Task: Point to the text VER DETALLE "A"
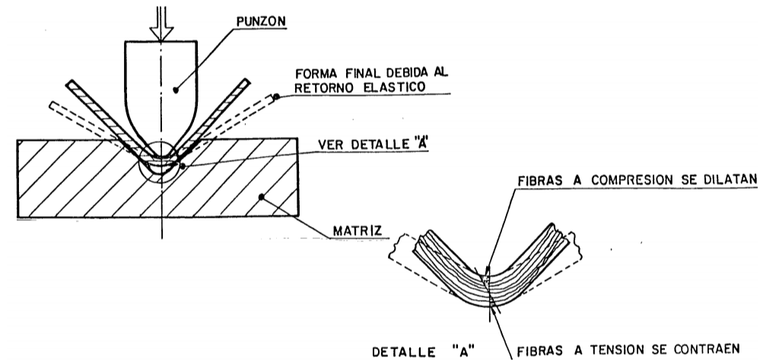pos(374,145)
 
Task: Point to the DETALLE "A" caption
pos(423,351)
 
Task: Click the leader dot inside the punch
pos(176,90)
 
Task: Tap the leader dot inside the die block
pos(262,197)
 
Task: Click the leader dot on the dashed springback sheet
pos(276,97)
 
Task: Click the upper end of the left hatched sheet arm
pos(69,83)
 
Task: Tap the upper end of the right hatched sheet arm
pos(246,82)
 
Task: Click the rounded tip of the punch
pos(161,156)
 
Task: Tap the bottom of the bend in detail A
pos(490,306)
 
